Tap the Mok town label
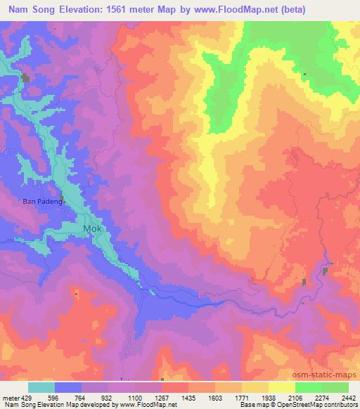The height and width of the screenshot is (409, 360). [94, 230]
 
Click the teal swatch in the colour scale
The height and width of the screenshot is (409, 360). [41, 387]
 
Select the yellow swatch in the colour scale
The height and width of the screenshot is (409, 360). [281, 387]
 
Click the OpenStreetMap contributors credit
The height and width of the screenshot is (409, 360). [320, 405]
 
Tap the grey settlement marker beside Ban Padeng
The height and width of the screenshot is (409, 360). [61, 198]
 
